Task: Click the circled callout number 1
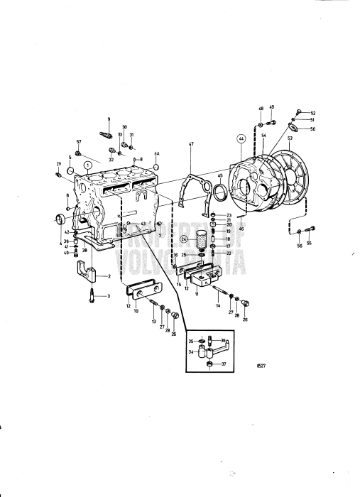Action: (x=88, y=164)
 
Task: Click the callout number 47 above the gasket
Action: (x=190, y=144)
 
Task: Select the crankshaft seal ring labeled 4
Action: (x=60, y=217)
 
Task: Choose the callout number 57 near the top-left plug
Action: (x=79, y=142)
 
